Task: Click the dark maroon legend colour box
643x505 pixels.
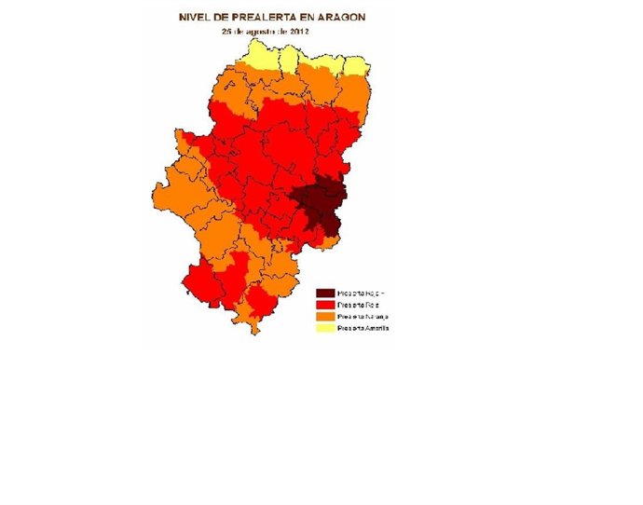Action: tap(325, 293)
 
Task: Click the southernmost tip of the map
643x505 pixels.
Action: tap(253, 332)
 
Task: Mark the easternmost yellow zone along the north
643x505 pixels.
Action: tap(356, 64)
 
